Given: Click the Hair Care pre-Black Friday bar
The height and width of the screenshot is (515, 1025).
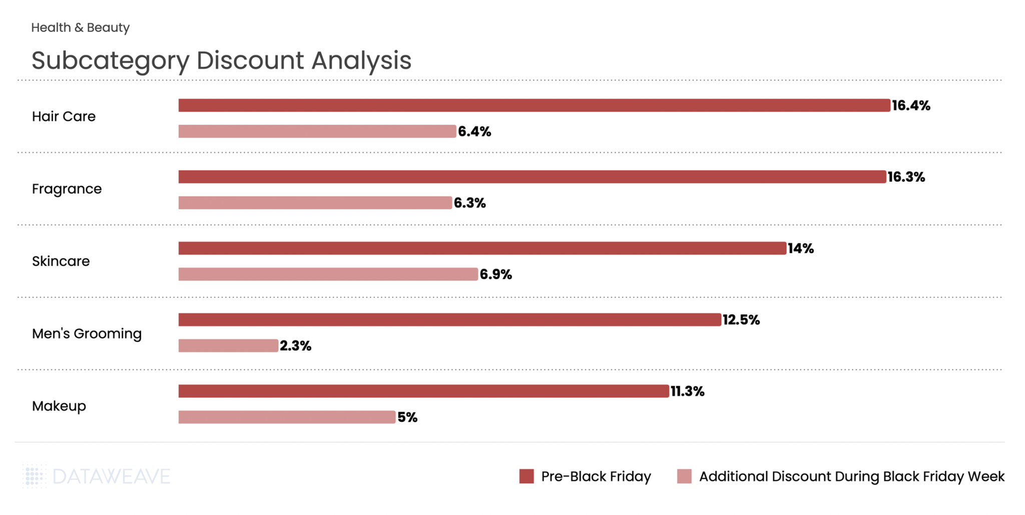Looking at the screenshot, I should [534, 105].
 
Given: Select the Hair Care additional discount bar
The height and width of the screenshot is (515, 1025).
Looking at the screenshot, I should [317, 131].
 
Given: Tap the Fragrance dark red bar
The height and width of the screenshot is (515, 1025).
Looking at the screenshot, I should [532, 177].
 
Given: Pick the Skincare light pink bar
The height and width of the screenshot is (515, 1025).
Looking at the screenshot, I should [328, 274].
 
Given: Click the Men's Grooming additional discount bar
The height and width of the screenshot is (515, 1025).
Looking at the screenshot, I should [228, 346].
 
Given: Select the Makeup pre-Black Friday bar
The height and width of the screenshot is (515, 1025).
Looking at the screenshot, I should [423, 391].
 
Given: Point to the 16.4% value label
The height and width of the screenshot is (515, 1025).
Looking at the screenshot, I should [911, 106].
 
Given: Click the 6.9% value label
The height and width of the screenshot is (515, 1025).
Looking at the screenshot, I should [495, 275].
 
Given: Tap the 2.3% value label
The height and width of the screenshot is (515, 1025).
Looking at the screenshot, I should [295, 346].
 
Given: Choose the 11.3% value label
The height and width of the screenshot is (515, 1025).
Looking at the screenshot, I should [687, 392].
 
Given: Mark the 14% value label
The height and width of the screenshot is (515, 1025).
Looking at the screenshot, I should [801, 248].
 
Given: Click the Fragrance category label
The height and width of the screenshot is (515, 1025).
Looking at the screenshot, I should [67, 189].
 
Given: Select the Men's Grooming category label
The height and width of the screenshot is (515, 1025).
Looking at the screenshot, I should [87, 334].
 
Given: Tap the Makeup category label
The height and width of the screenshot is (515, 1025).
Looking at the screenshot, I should [59, 406].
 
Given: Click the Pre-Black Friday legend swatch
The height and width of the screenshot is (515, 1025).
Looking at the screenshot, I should [527, 476].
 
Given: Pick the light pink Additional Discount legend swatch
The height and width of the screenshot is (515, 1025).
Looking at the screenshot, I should [684, 476].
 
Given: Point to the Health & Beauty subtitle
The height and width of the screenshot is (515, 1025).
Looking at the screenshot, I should [80, 28].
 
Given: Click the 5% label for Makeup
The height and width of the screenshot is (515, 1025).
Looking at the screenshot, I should [407, 417].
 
